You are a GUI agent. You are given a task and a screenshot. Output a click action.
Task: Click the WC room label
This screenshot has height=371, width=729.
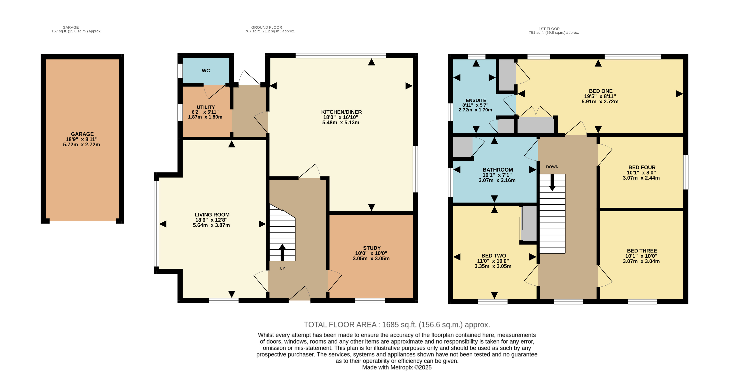click(206, 71)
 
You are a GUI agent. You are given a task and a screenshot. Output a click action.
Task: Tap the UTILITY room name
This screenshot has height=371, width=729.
click(206, 107)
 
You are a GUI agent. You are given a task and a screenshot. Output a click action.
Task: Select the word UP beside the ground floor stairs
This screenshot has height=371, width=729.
click(282, 268)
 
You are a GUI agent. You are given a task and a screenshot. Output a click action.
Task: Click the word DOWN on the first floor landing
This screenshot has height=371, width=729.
click(552, 167)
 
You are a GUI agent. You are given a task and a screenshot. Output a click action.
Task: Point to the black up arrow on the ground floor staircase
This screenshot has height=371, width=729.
click(282, 252)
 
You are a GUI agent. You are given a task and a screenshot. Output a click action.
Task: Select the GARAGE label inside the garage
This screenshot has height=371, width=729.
click(82, 134)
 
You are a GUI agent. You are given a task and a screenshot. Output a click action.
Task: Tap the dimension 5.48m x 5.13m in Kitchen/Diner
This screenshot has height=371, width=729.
click(341, 122)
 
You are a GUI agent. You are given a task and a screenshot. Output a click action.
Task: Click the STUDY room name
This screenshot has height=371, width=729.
click(372, 248)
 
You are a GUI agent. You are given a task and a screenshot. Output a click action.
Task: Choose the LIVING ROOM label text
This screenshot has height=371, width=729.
click(212, 215)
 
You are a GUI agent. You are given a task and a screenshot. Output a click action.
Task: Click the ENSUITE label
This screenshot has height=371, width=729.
click(476, 100)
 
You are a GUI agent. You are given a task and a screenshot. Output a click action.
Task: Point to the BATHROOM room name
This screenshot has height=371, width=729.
click(498, 170)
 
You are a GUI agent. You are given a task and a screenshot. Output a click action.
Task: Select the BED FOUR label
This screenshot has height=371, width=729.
click(642, 167)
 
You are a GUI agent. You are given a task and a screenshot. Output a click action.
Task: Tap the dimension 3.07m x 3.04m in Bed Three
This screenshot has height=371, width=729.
click(641, 261)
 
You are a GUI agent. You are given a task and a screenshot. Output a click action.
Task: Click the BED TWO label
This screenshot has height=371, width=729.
click(493, 256)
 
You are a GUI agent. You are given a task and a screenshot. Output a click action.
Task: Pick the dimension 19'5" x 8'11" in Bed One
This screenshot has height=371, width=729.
click(600, 96)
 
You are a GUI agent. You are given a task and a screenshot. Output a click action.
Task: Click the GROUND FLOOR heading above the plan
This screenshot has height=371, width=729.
click(267, 27)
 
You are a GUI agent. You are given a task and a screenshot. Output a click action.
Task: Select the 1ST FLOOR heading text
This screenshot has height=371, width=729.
click(549, 29)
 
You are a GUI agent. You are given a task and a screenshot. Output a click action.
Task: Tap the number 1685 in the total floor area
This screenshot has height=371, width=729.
click(390, 325)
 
